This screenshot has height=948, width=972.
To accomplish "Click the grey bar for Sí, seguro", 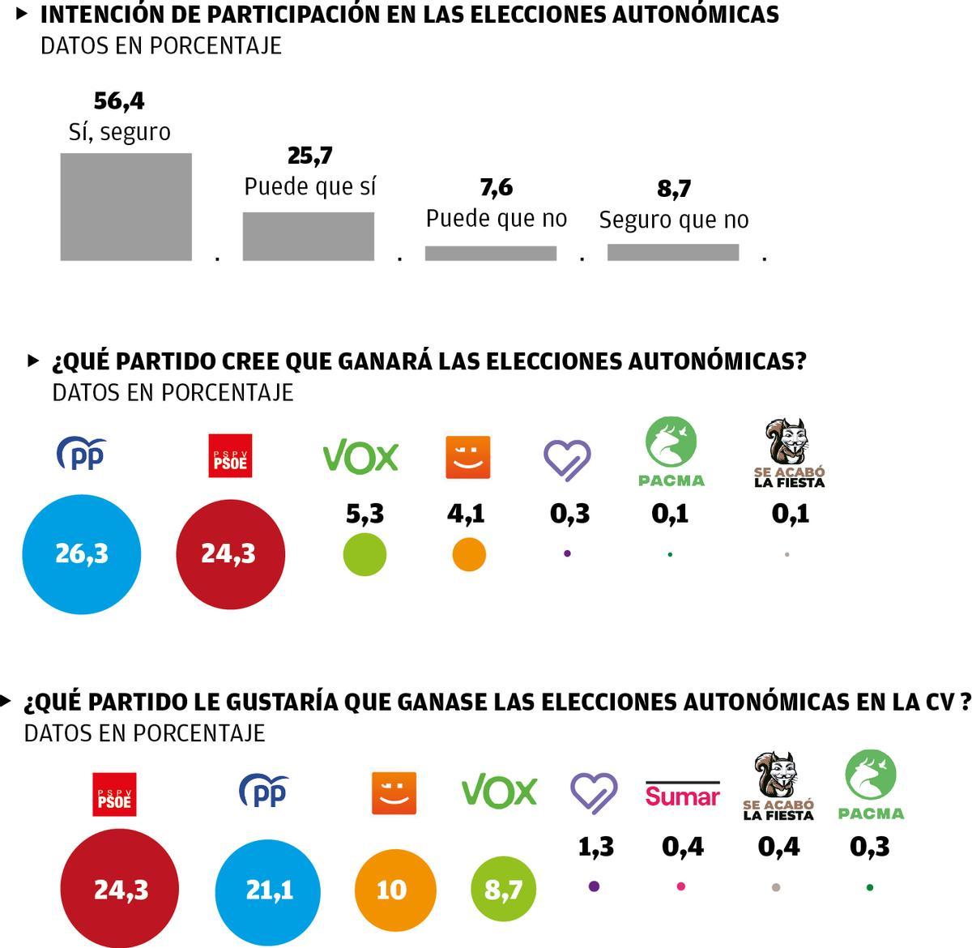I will click(126, 207).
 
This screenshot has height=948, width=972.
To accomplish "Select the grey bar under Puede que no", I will click(491, 253).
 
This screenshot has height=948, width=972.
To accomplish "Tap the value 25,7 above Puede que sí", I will click(309, 156).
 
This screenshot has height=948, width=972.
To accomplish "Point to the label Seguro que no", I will click(673, 220).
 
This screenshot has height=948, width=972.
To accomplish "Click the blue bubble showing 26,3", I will click(81, 554).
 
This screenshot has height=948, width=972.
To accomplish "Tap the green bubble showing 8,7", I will click(503, 890).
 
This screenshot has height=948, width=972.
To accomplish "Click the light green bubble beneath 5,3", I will click(364, 555).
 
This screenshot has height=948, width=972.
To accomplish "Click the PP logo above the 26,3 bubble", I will click(82, 455).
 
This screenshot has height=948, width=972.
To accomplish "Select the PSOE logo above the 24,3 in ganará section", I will click(230, 455).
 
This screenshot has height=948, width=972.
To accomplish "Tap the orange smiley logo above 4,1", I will click(468, 458).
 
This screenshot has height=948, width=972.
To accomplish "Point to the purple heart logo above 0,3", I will click(566, 459).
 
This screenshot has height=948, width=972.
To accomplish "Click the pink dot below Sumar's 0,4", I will click(680, 886).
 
